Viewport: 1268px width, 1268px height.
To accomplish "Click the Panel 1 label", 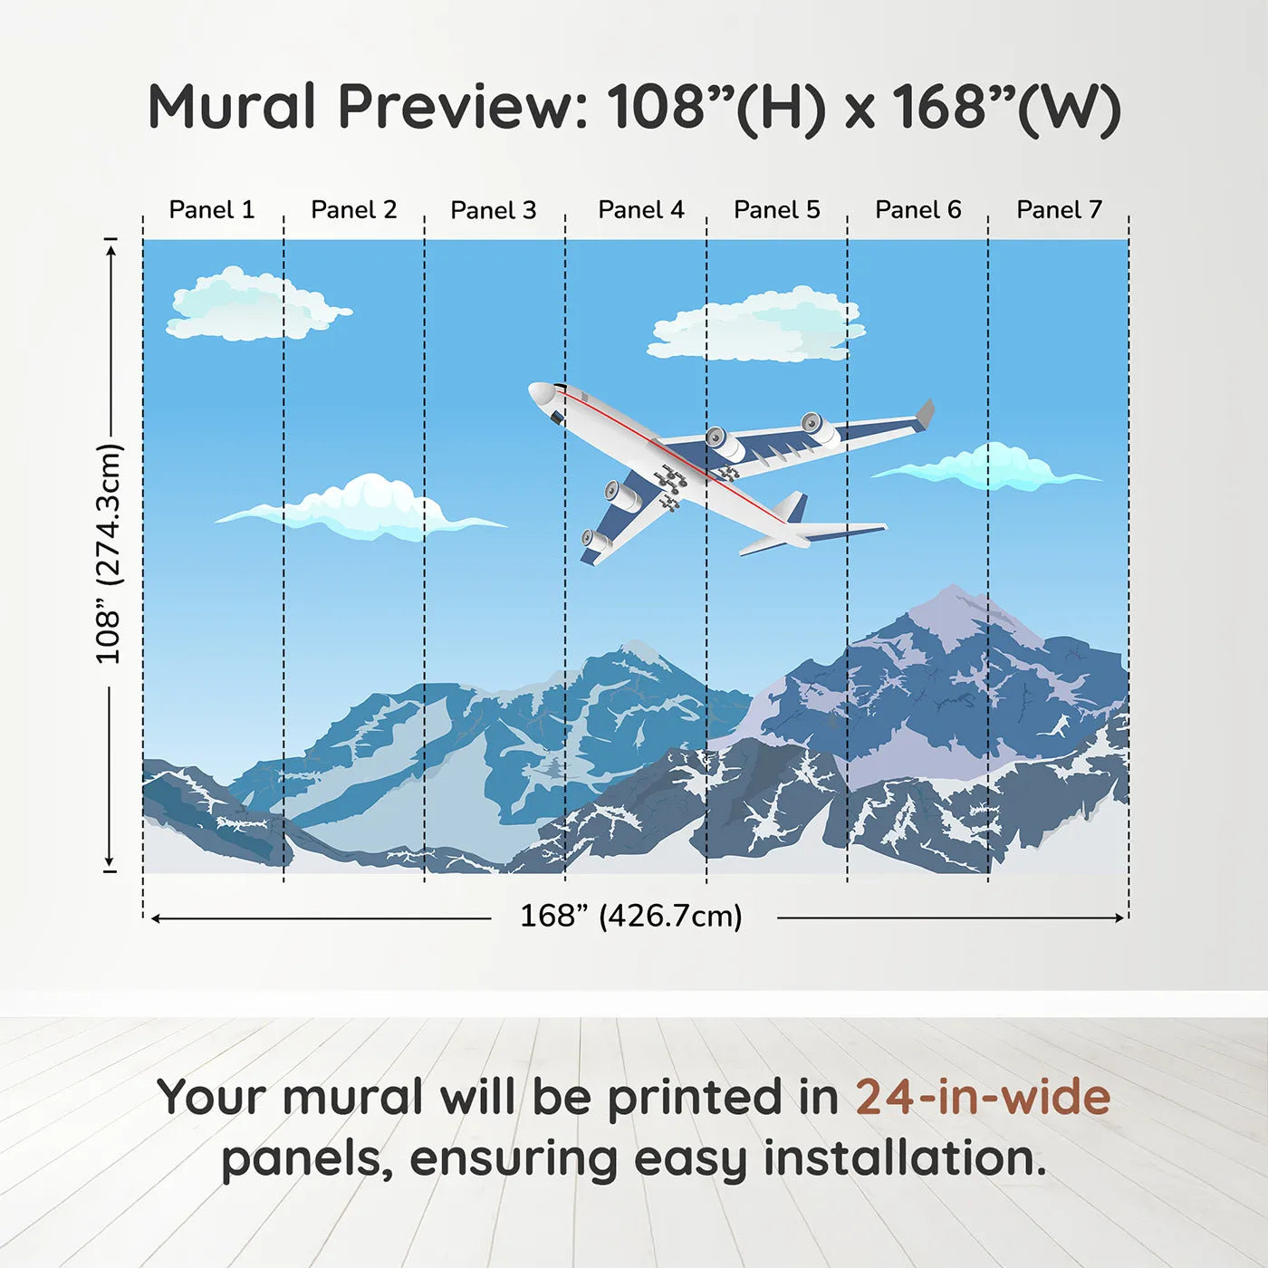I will [212, 210].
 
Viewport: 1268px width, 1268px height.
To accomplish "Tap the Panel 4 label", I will [640, 210].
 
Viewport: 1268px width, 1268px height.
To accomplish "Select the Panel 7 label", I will [1059, 210].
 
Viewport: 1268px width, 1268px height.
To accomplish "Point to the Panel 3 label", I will [494, 210].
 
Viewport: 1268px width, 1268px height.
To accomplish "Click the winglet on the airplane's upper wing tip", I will [926, 413].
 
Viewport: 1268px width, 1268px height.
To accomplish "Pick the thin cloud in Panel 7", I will [992, 468].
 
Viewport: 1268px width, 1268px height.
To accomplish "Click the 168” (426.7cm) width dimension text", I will [631, 917].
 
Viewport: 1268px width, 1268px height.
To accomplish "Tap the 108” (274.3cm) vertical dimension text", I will [109, 553].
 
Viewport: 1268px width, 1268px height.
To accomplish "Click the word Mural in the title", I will [232, 107].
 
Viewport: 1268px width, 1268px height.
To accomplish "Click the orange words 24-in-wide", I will [983, 1097].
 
